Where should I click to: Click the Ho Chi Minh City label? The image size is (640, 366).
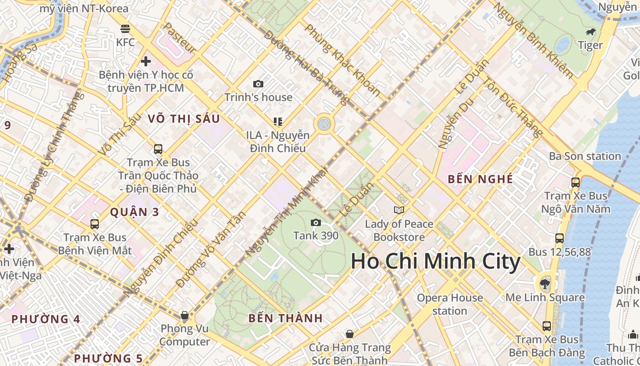(x=435, y=262)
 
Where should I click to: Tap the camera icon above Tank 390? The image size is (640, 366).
(x=315, y=223)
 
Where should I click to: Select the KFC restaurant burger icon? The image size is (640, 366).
(x=126, y=29)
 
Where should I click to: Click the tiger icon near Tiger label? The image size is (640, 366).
(x=591, y=32)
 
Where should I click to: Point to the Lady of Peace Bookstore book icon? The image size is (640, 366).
(x=399, y=210)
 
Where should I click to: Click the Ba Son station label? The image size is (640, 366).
(x=585, y=156)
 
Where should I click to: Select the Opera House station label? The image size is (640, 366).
(x=450, y=304)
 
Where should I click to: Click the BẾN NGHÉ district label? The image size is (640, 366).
(x=480, y=179)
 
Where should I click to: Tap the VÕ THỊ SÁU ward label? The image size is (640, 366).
(x=184, y=119)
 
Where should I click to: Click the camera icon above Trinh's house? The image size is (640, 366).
(x=258, y=84)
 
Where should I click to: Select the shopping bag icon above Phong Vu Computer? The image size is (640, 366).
(x=185, y=315)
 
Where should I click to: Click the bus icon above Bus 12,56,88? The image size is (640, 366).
(x=560, y=238)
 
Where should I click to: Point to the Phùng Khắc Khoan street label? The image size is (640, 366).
(x=342, y=60)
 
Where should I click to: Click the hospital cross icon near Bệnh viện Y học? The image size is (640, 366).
(x=146, y=61)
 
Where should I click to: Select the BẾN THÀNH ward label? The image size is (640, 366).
(x=285, y=318)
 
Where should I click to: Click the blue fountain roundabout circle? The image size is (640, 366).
(x=324, y=123)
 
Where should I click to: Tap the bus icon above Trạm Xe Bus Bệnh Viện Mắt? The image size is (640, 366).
(x=95, y=224)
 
